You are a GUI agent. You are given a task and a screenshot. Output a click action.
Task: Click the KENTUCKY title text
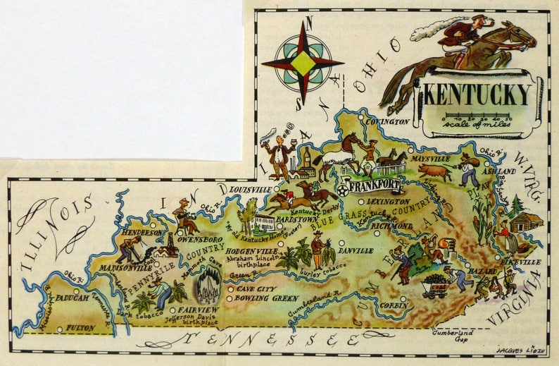[477, 93]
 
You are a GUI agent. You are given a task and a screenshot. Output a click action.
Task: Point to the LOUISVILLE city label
[249, 190]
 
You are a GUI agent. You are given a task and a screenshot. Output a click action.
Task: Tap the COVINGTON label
[387, 121]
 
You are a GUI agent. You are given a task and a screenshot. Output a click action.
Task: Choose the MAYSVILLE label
[430, 159]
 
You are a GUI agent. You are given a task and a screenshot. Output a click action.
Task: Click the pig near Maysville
[436, 171]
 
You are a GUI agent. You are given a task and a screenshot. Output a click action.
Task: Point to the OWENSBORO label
[199, 240]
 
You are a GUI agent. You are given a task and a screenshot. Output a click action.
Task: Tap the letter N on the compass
[303, 25]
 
